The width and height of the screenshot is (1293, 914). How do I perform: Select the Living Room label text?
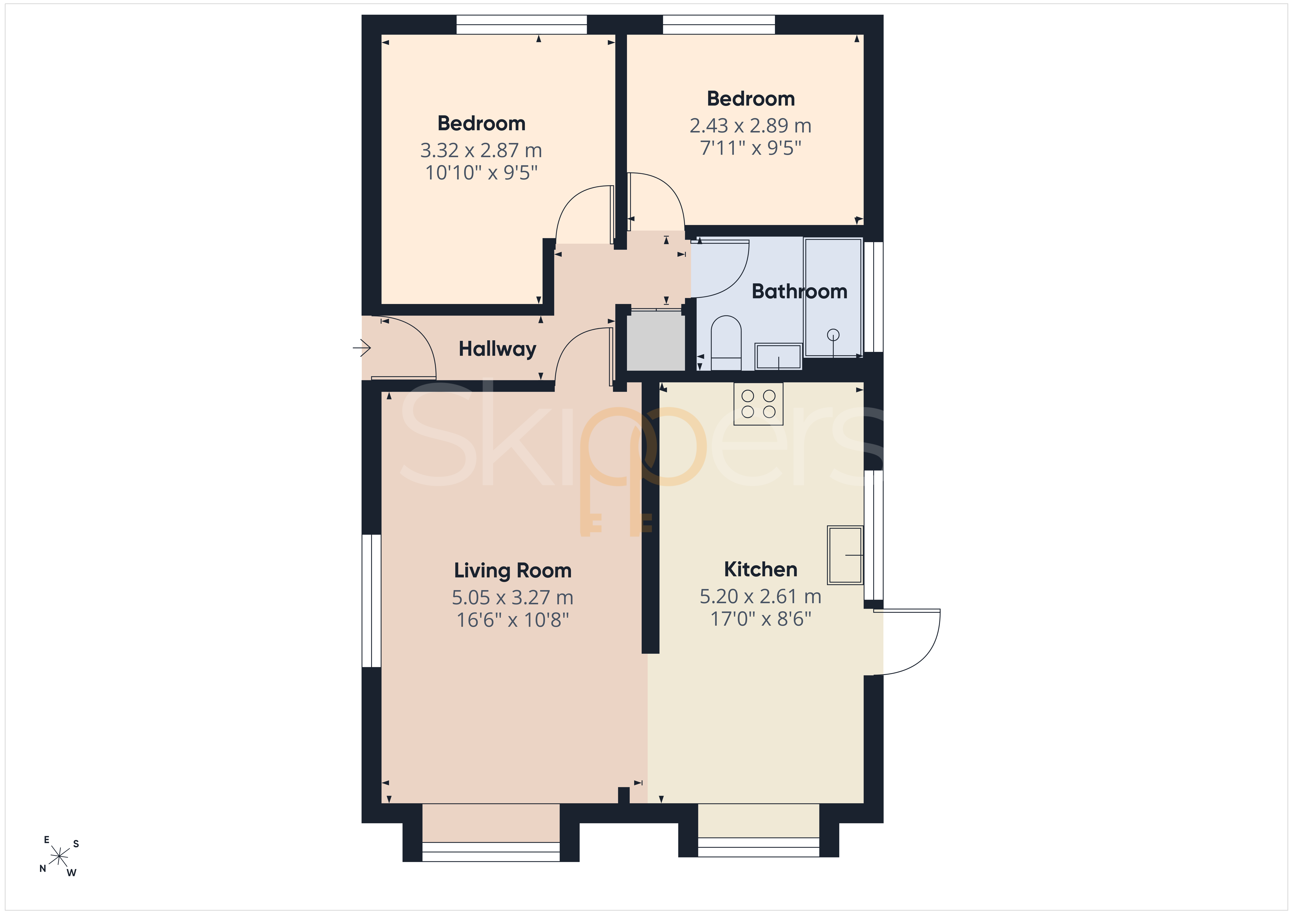513,570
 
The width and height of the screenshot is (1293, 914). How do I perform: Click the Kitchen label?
760,569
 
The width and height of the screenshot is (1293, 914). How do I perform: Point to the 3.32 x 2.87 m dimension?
481,150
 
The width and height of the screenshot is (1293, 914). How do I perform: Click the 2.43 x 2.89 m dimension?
750,126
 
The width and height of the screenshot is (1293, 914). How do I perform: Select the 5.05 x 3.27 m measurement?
513,597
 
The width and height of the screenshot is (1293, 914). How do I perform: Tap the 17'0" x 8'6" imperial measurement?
760,619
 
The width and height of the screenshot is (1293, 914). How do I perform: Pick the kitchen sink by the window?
845,555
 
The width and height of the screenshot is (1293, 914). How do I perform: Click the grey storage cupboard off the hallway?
656,340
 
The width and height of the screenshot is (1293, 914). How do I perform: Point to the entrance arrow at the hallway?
362,348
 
